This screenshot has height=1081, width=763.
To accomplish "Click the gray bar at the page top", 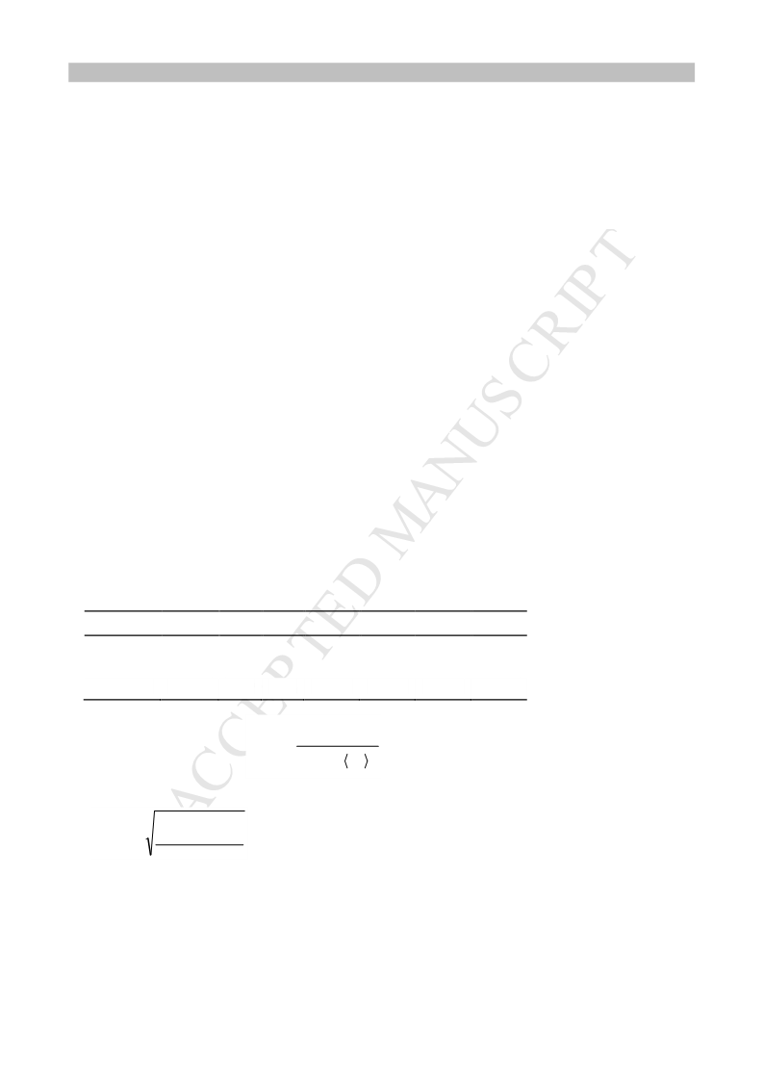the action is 381,72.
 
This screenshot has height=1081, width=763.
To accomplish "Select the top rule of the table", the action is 305,611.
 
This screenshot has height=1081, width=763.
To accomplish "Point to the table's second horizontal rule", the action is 305,635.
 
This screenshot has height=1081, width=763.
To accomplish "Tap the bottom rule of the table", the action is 305,700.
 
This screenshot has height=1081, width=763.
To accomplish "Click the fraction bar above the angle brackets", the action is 338,746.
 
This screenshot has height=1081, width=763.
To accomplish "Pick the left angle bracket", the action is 346,761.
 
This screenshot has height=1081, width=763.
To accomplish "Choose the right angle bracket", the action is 366,761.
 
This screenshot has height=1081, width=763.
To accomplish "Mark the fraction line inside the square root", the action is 200,844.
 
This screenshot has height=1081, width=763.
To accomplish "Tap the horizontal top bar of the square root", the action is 200,811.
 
